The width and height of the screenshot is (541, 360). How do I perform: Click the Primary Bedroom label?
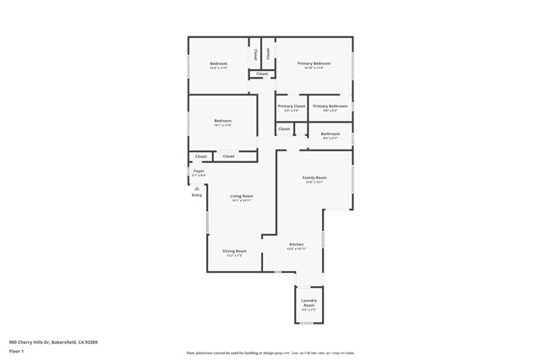coord(314,63)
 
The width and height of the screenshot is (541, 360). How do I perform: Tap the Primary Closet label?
coord(291,106)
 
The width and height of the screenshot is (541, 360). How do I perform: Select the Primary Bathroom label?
coord(330,106)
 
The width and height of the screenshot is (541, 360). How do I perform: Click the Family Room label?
coord(314,177)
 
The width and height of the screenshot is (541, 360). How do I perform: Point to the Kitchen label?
coord(296,244)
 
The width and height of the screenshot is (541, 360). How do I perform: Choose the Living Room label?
coord(242,196)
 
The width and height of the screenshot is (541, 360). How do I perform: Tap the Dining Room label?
coord(234,251)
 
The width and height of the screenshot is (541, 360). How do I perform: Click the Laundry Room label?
coord(309,303)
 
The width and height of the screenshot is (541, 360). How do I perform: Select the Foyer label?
coord(199,171)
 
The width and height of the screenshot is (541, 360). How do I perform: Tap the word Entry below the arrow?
coord(197,195)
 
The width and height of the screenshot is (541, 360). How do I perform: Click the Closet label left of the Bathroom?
coord(284,129)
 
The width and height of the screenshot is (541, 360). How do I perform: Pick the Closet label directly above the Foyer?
coord(201,156)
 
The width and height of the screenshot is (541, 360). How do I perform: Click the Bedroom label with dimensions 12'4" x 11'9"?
coord(219,63)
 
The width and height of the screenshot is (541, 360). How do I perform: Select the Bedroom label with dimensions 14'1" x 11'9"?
coord(222,121)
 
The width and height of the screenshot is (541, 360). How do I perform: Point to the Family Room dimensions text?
coord(314,183)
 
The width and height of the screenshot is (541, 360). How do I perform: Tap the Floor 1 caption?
coord(16,351)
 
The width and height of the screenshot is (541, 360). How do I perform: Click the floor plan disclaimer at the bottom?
coord(270,353)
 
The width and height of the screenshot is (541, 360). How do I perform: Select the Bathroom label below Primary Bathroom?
coord(331,134)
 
